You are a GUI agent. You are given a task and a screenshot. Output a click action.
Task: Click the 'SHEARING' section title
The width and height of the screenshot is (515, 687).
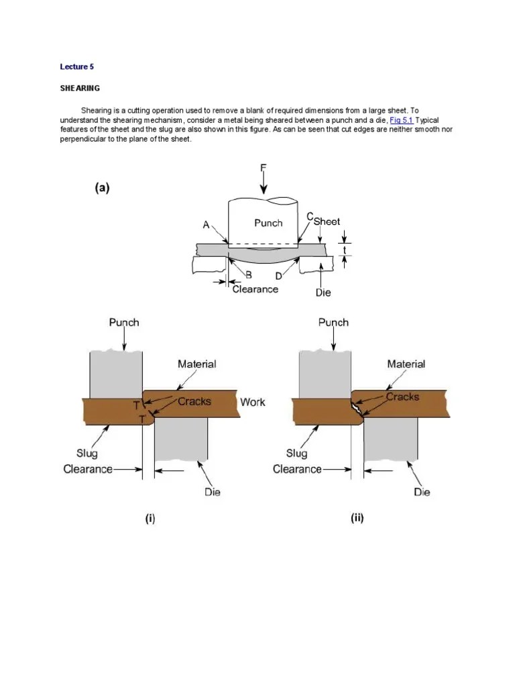80,88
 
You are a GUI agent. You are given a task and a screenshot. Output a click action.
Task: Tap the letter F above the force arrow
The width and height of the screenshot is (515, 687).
264,168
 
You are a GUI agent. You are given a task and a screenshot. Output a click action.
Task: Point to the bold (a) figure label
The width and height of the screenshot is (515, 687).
102,189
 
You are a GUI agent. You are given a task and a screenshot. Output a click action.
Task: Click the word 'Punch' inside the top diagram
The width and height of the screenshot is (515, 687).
268,223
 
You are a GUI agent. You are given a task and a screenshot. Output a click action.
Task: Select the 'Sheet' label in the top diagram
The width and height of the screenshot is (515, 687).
327,221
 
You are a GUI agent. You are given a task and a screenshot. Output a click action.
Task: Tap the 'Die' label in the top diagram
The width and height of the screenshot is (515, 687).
323,293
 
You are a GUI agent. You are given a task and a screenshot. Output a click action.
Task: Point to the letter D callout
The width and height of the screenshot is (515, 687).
278,275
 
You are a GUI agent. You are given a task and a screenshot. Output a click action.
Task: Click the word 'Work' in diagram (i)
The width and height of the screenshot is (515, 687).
252,402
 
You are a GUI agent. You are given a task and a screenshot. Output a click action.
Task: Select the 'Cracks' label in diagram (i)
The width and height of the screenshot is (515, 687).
194,401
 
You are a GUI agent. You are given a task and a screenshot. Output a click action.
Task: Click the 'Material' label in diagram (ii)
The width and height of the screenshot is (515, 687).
406,364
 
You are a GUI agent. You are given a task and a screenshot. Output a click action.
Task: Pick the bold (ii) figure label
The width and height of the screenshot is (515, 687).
357,519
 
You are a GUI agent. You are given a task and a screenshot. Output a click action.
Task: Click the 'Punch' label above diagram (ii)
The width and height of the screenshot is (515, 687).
333,322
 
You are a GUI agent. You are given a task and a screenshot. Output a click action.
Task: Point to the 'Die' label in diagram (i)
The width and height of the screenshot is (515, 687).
213,492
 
